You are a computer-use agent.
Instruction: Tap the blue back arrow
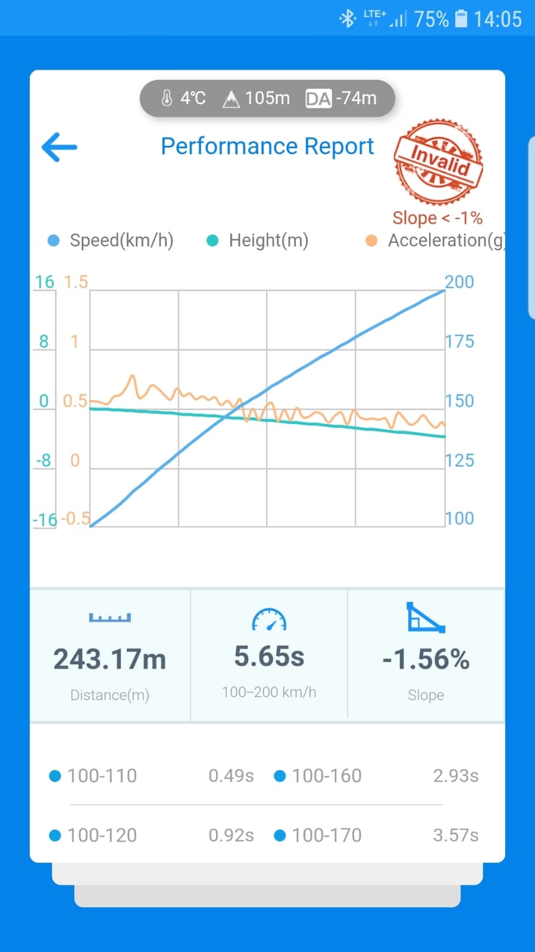pos(59,147)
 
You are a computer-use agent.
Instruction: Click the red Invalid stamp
pos(438,161)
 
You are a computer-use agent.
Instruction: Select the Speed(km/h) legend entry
pos(111,241)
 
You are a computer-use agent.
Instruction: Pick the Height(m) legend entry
pos(257,241)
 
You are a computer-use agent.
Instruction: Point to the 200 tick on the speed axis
pos(459,282)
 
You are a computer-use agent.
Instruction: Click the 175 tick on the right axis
pos(459,341)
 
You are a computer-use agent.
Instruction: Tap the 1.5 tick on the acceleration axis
pos(76,282)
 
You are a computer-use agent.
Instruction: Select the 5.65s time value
pos(269,656)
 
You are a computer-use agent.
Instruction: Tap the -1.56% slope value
pos(426,659)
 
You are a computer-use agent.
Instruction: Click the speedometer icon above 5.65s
pos(269,619)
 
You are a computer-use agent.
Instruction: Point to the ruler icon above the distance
pos(110,617)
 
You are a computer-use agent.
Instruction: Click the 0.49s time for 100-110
pos(231,776)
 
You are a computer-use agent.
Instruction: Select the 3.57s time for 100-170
pos(455,835)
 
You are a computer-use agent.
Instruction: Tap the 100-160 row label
pos(327,776)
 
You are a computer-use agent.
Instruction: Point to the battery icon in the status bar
pos(461,18)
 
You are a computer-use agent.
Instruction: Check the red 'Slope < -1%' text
pos(437,218)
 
